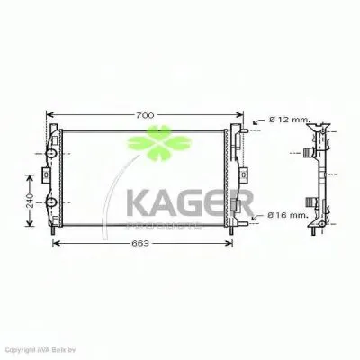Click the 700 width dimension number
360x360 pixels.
pyautogui.click(x=145, y=116)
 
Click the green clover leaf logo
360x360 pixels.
pyautogui.click(x=148, y=144)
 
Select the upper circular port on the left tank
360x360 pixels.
pyautogui.click(x=52, y=153)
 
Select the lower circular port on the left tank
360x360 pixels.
pyautogui.click(x=52, y=200)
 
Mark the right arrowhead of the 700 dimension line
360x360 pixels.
pyautogui.click(x=242, y=116)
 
